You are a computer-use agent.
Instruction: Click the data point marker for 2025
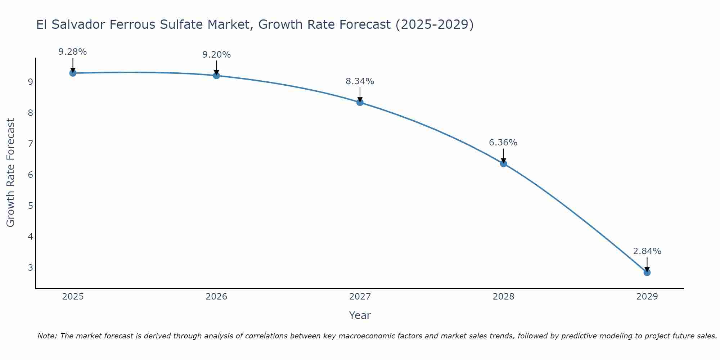[x=73, y=73]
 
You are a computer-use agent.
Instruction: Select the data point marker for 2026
[x=216, y=76]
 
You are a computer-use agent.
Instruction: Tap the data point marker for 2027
[x=360, y=102]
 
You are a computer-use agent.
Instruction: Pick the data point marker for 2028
[x=503, y=164]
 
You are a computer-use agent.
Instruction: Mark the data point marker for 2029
[x=647, y=273]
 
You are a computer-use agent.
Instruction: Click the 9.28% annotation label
[x=73, y=52]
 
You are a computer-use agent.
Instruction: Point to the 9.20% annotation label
[x=216, y=55]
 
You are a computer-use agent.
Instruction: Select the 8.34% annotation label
[x=360, y=81]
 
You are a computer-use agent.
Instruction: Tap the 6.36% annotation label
[x=503, y=143]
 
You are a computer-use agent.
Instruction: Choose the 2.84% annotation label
[x=647, y=251]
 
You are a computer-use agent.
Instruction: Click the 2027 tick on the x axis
[x=360, y=297]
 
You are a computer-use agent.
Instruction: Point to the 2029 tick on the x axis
[x=647, y=297]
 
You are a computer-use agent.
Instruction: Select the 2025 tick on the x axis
[x=73, y=297]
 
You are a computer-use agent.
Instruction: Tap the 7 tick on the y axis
[x=30, y=144]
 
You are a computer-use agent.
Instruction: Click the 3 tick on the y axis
[x=30, y=268]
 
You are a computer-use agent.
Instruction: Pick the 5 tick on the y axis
[x=30, y=206]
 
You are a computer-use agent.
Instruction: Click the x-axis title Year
[x=360, y=315]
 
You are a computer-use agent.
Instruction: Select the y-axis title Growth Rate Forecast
[x=11, y=173]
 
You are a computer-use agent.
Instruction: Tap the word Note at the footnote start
[x=47, y=336]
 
